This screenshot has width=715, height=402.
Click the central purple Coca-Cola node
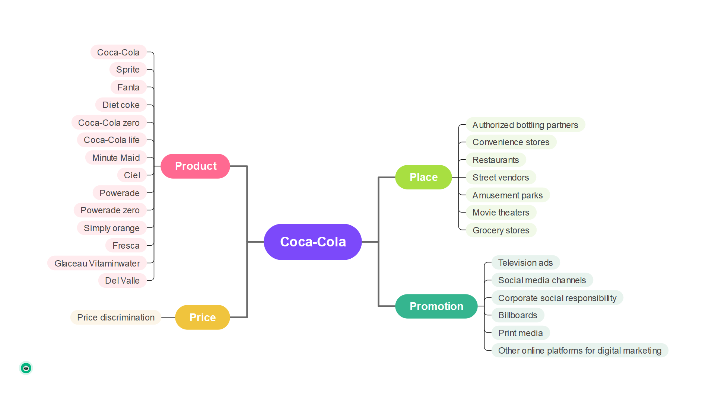coord(313,242)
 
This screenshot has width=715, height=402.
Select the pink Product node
coord(195,166)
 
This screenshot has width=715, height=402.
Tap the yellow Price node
coord(203,317)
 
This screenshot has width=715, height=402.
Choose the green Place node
coord(423,177)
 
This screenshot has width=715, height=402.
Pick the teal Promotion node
coord(436,306)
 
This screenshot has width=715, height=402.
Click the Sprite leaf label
coord(128,70)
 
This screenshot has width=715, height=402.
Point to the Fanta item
coord(128,87)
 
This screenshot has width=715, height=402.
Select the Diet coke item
coord(121,105)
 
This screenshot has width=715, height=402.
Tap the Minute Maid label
coord(116,158)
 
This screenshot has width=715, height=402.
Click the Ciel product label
coord(132,175)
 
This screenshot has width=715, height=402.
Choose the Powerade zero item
coord(110,210)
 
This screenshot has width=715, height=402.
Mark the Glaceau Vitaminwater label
coord(97,264)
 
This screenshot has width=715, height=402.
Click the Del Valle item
coord(122,281)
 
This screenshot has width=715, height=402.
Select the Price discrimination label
coord(116,318)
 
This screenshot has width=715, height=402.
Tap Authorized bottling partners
coord(525,125)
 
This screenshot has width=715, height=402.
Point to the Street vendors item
coord(501,178)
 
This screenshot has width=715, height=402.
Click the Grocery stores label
coord(501,230)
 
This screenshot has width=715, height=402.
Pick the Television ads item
coord(525,263)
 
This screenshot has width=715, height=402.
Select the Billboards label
coord(518,315)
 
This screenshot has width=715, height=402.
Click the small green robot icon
coord(26,368)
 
